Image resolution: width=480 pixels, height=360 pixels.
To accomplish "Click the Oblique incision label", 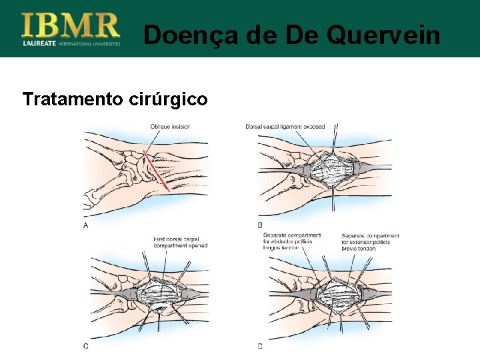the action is (169, 126).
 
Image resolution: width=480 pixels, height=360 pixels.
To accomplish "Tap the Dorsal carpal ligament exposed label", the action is (285, 126).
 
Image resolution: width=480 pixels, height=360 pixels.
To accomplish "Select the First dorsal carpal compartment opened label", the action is (180, 242).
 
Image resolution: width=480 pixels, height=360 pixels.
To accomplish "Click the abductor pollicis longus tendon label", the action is (291, 241).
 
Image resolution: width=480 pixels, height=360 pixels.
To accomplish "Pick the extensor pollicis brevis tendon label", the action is (370, 241).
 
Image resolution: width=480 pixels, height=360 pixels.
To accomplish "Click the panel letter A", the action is (85, 225).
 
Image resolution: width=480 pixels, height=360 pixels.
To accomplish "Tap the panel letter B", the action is (260, 225).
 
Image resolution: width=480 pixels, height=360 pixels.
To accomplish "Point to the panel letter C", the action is (85, 346).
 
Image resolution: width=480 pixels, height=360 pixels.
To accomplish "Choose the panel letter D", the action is (260, 346).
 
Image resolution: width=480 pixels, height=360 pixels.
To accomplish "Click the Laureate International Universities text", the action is (71, 44).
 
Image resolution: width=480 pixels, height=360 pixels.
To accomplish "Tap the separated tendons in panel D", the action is (340, 293).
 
